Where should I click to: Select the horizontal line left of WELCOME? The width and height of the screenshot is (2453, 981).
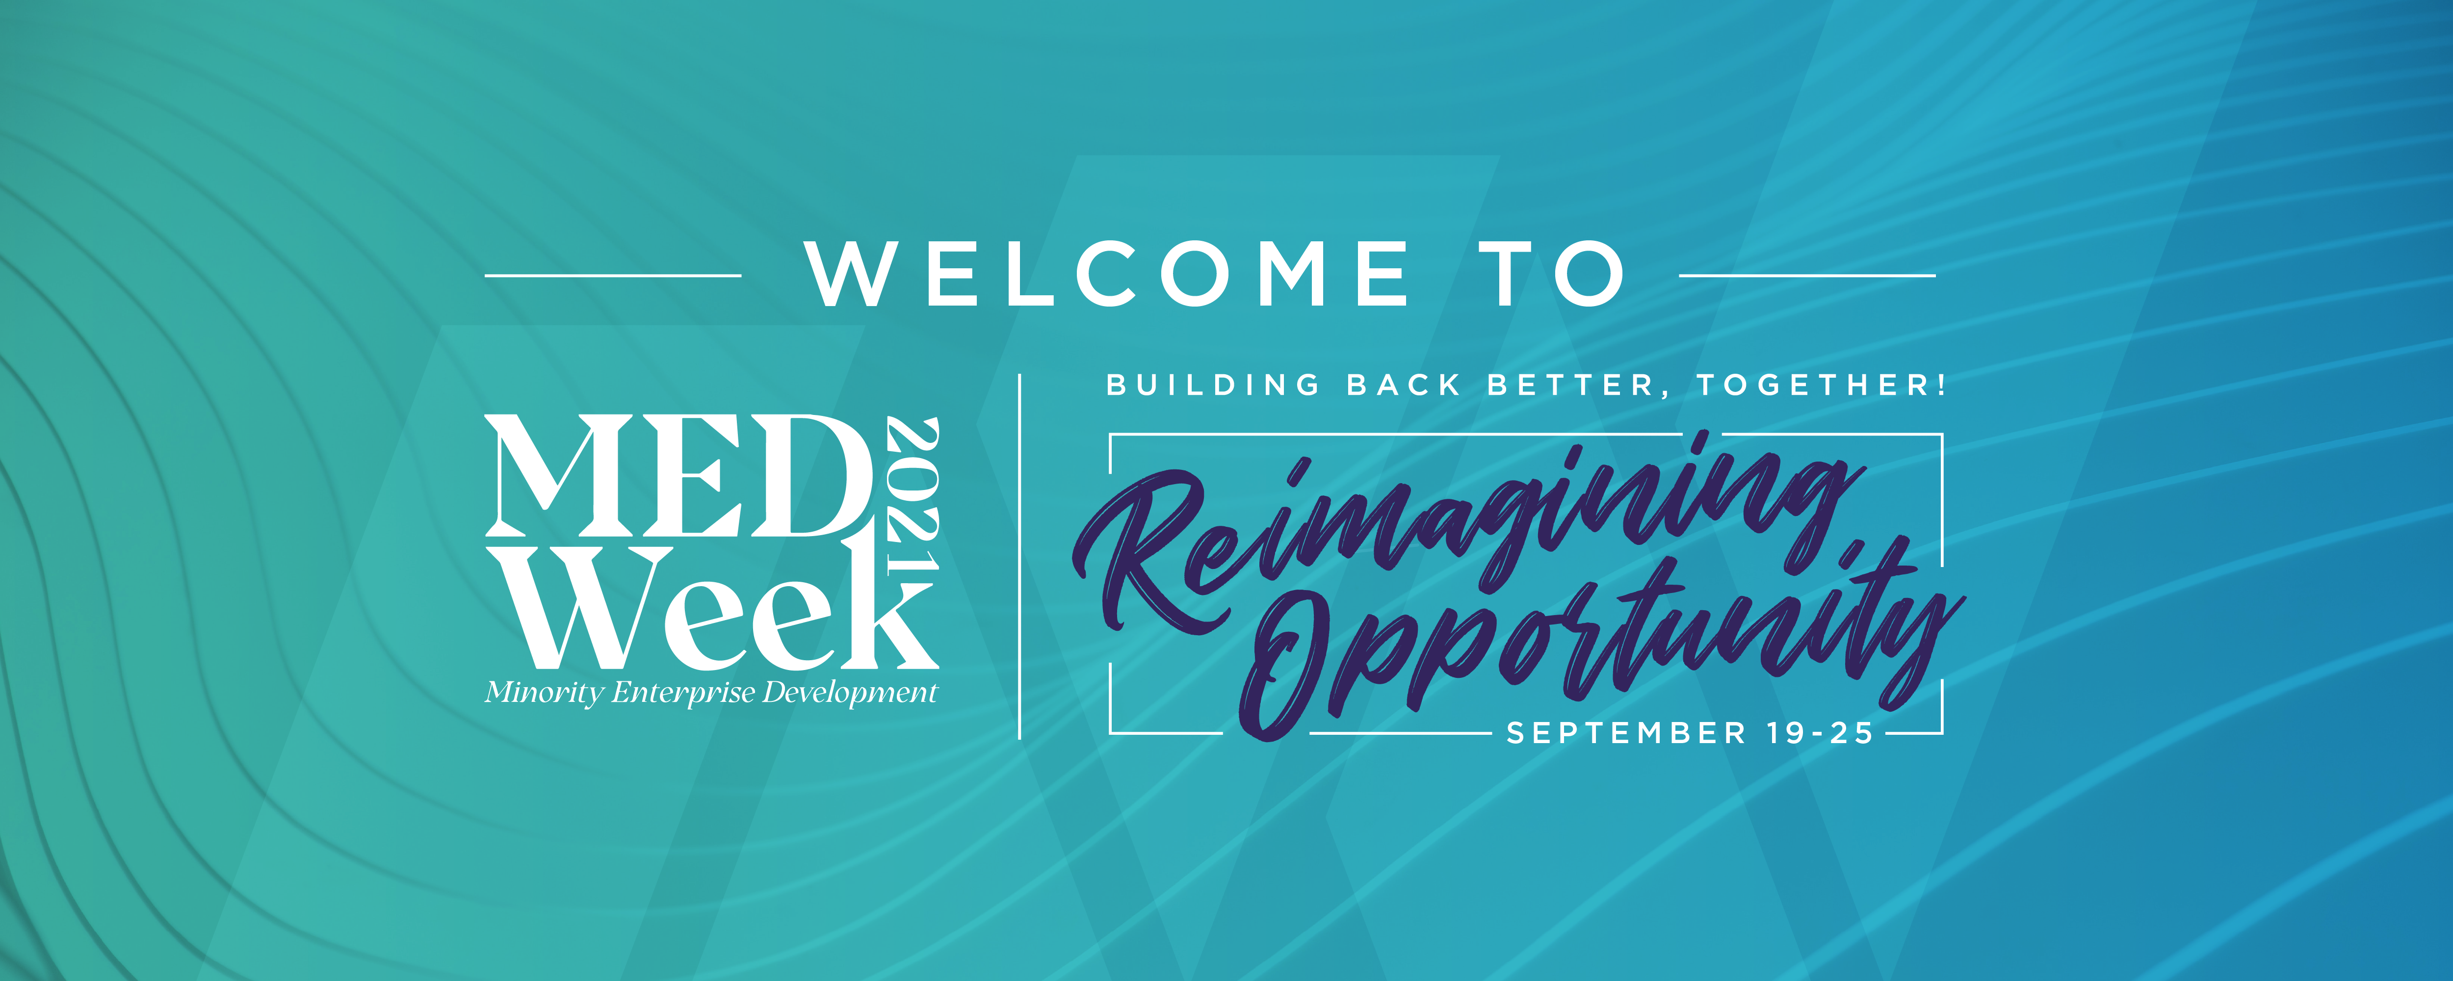point(613,275)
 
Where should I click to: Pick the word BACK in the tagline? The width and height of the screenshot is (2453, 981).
point(1404,385)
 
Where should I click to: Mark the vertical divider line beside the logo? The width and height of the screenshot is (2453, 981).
point(1020,556)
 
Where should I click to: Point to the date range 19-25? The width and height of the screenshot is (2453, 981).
point(1820,733)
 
